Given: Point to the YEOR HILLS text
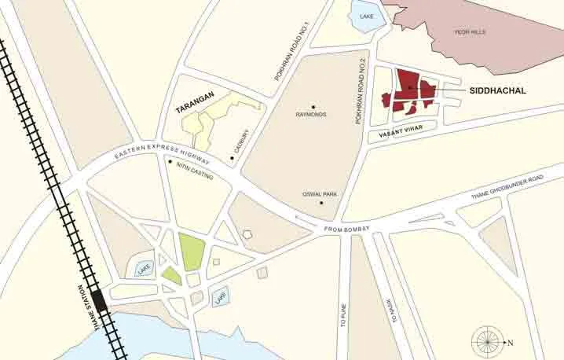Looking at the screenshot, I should [x=471, y=31].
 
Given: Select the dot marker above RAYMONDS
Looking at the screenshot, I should [x=313, y=106].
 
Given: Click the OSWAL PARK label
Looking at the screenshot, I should [x=319, y=193].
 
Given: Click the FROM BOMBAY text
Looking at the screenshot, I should [x=346, y=230].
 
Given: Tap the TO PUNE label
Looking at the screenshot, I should [x=343, y=299].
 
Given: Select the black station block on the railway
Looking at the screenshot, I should [x=100, y=300].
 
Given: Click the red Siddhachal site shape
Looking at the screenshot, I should [x=408, y=89].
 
